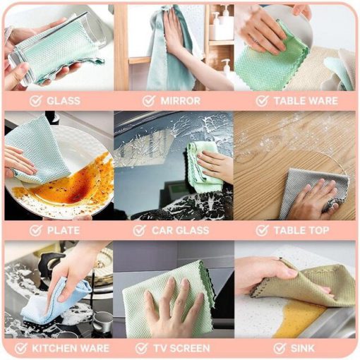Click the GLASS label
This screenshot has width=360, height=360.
tap(64, 101)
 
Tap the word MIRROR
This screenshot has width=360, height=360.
tap(181, 101)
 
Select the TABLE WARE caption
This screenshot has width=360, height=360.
tap(306, 101)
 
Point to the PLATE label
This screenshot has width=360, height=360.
tap(64, 230)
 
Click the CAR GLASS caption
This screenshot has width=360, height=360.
tap(181, 230)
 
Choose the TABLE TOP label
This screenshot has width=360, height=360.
tap(301, 230)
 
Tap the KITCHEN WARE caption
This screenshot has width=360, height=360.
tap(71, 348)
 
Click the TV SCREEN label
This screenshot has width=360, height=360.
tap(181, 348)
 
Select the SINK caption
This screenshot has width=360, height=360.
tap(302, 348)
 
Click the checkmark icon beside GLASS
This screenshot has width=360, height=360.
tap(36, 101)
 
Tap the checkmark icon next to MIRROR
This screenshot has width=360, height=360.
tap(149, 101)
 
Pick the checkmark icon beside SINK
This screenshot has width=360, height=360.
tap(280, 348)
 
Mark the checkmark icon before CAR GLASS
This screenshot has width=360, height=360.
tap(139, 230)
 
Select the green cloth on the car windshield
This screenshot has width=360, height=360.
tap(203, 164)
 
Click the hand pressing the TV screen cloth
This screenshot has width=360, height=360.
tap(174, 306)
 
